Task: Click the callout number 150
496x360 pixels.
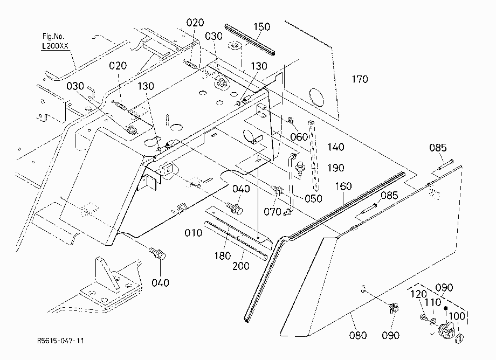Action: coord(262,26)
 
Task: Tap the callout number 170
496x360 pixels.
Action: coord(360,79)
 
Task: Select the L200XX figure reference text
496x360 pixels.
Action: coord(55,46)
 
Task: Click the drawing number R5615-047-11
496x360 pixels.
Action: coord(60,341)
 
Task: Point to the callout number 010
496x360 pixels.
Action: coord(193,233)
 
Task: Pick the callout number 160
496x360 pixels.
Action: coord(343,186)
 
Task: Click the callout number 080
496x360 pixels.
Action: coord(358,335)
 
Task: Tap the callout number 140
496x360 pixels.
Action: coord(336,147)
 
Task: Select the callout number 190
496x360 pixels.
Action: coord(336,168)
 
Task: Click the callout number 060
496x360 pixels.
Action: coord(299,137)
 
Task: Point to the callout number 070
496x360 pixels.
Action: coord(272,211)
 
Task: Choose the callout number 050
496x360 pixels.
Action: coord(313,198)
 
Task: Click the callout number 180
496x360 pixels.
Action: coord(222,255)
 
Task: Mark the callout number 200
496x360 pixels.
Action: coord(241,266)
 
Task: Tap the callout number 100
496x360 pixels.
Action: coord(457,316)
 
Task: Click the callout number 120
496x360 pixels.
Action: coord(418,294)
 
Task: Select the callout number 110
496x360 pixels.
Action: coord(433,302)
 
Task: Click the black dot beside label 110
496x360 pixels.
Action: coord(446,308)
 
